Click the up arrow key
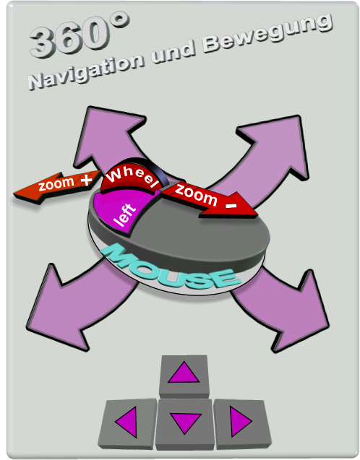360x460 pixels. tap(184, 376)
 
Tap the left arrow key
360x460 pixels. tap(127, 423)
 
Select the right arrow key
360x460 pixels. tap(242, 422)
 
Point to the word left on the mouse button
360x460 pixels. tap(125, 214)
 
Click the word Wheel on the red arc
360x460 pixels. tap(132, 176)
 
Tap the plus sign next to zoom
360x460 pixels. tap(86, 180)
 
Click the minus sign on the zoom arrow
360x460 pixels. tap(231, 205)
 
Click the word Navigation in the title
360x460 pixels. tap(86, 71)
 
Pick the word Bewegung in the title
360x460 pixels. tap(267, 32)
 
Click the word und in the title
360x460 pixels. tap(173, 53)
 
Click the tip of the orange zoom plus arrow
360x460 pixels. tap(14, 194)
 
